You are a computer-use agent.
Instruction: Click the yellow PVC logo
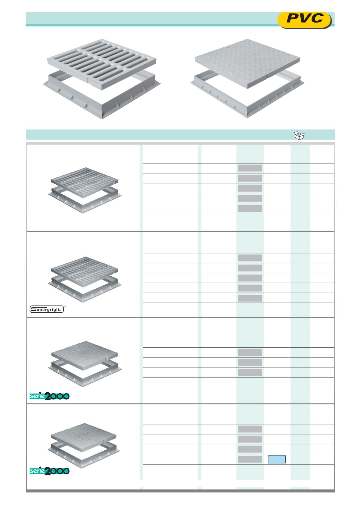pos(304,20)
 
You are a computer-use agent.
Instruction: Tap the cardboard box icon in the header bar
pos(299,135)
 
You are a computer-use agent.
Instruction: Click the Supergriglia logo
pos(47,309)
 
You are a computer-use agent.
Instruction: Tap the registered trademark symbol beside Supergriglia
pos(65,307)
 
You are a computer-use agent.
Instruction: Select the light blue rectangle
pos(277,459)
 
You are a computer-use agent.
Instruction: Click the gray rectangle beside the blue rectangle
pos(250,459)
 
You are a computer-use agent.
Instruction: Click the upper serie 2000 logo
pos(50,396)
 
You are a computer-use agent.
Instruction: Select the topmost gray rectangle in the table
pos(250,168)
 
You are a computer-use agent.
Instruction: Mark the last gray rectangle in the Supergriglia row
pos(250,298)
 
